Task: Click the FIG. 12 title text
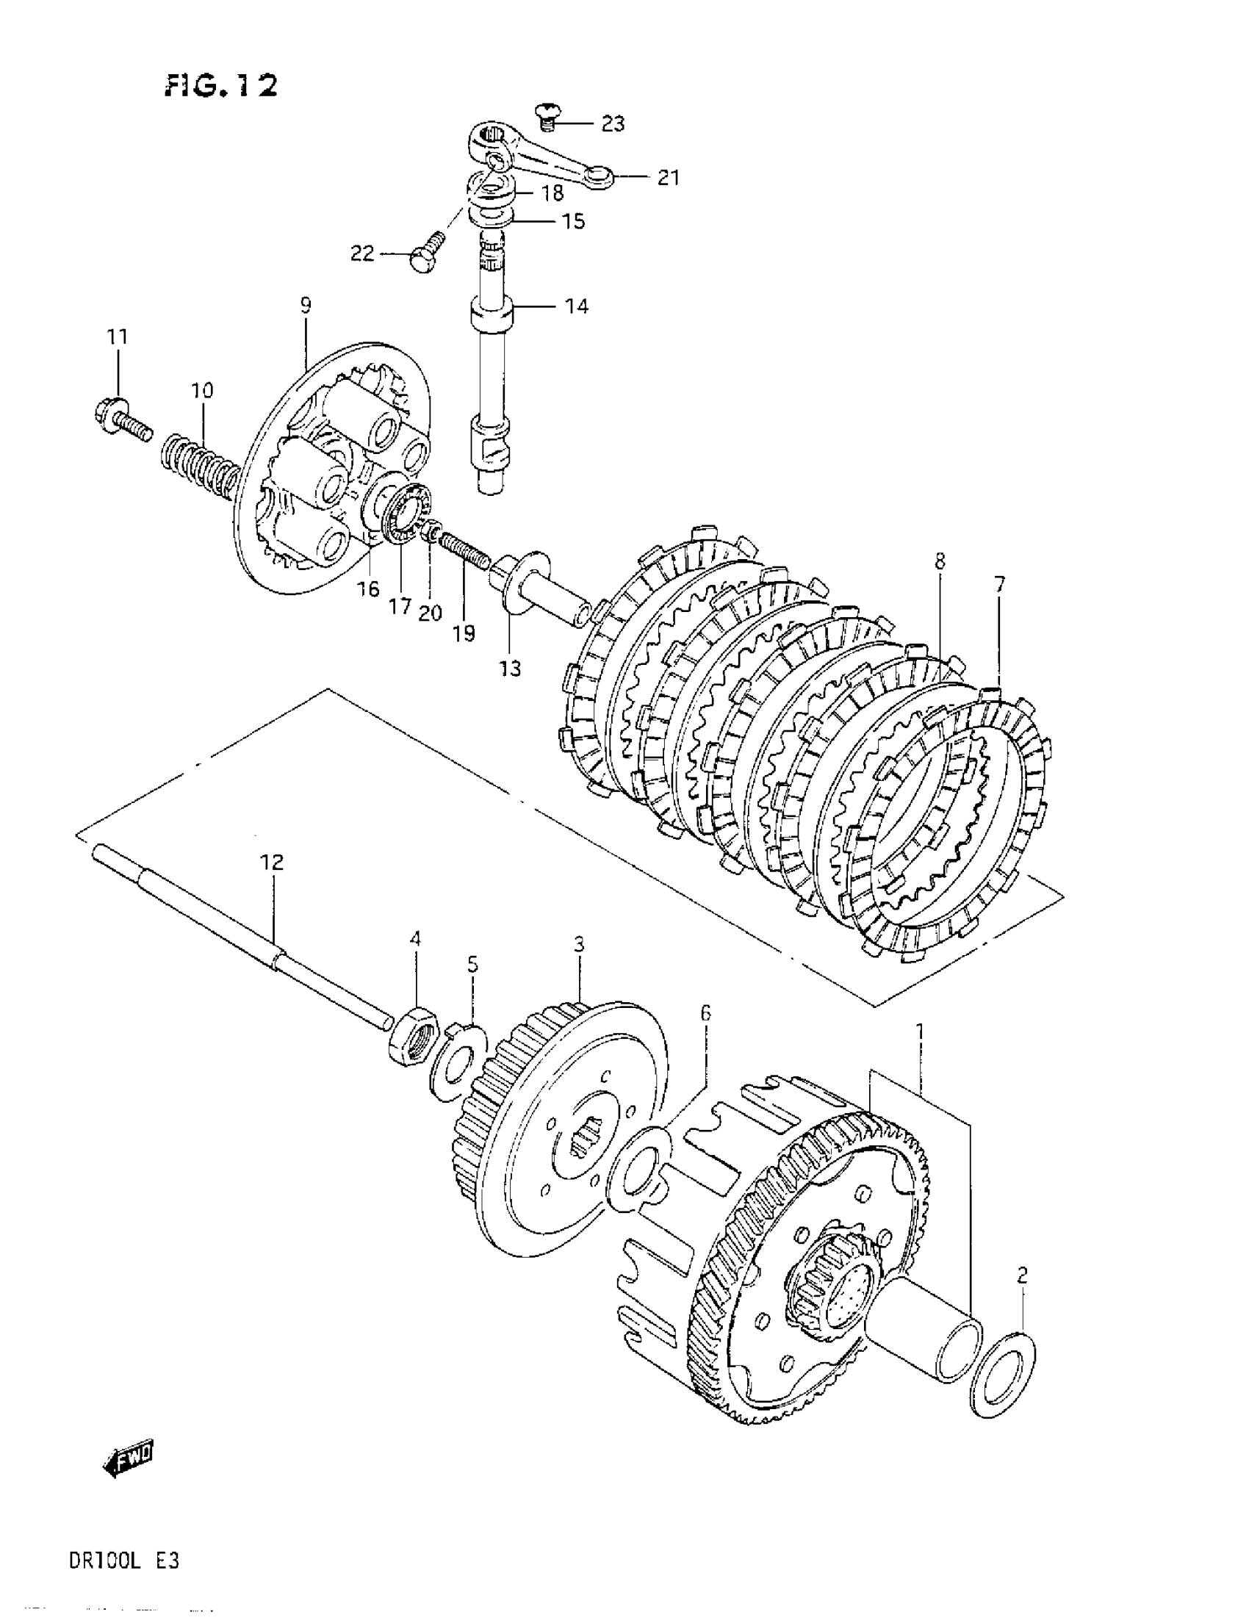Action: coord(221,87)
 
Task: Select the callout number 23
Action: coord(612,123)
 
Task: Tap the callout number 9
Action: coord(306,305)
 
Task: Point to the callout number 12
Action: coord(271,862)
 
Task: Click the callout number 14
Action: coord(576,306)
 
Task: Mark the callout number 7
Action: coord(999,585)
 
